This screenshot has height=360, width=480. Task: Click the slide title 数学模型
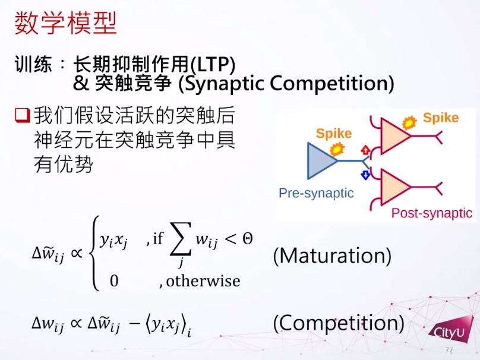pos(65,23)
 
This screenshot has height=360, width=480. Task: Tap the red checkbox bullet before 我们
pos(23,116)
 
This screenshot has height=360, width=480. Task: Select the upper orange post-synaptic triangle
pos(395,136)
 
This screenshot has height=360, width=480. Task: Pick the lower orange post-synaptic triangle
pos(395,187)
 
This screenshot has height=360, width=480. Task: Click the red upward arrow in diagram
pos(365,150)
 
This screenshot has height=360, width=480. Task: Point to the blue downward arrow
pos(365,175)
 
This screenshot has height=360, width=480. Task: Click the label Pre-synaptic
pos(316,193)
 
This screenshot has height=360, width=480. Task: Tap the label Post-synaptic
pos(432,213)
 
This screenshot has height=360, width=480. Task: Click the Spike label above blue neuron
pos(334,134)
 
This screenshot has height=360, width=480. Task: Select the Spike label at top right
pos(441,118)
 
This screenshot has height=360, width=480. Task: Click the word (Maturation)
pos(332,256)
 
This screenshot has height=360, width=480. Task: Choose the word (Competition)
pos(339,323)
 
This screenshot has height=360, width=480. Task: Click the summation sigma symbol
pos(181,239)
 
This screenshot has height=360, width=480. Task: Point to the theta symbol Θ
pos(248,238)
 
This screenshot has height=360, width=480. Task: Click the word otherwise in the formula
pos(203,281)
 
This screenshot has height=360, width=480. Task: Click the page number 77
pos(449,350)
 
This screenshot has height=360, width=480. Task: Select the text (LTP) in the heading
pos(213,64)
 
